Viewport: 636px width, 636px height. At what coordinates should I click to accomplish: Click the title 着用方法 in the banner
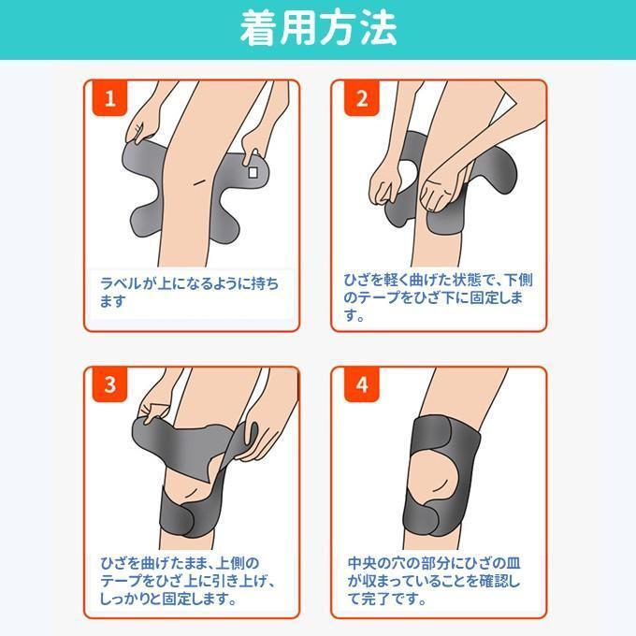point(318,29)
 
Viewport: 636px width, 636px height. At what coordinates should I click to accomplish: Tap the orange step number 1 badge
point(110,98)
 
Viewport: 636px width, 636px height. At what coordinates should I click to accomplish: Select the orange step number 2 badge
point(362,98)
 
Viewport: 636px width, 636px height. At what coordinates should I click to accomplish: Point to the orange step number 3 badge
point(110,384)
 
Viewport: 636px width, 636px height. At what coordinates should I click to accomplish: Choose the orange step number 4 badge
point(362,384)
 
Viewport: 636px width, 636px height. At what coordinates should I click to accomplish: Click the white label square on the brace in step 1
point(253,173)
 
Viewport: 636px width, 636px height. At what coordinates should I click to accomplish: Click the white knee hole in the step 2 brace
point(410,174)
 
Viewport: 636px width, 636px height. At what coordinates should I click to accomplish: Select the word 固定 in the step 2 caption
point(486,297)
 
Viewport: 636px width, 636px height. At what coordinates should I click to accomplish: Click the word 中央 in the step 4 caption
point(364,563)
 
